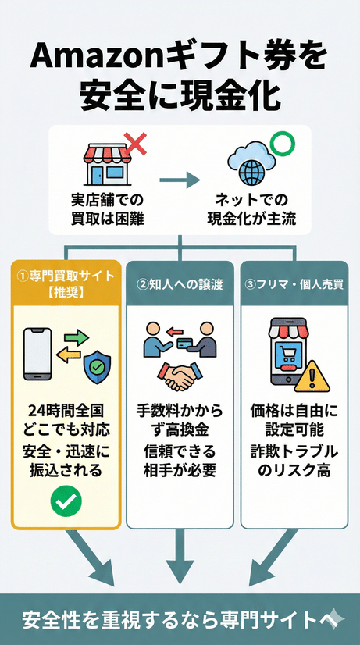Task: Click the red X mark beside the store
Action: tap(135, 144)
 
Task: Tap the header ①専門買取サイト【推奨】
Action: tap(66, 283)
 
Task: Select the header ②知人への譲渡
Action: tap(180, 284)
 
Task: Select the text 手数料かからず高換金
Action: tap(180, 419)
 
